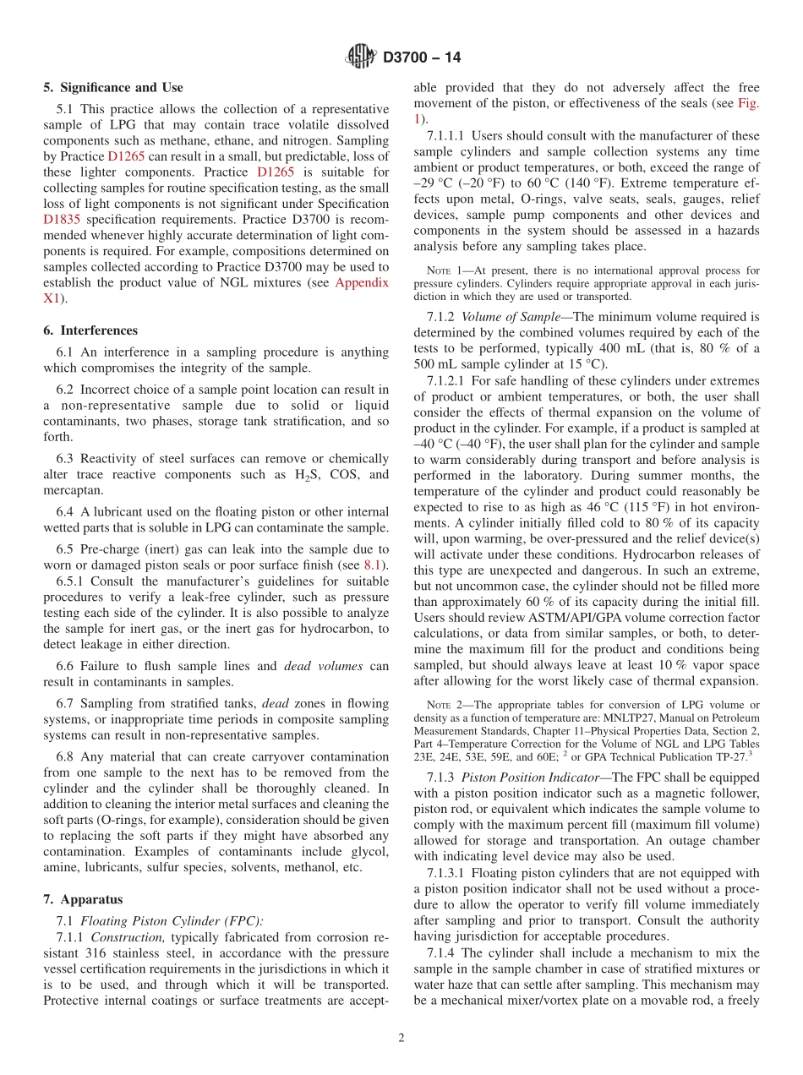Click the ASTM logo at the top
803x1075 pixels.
(x=361, y=57)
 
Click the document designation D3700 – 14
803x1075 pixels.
(x=422, y=58)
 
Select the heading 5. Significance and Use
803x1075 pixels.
(x=113, y=87)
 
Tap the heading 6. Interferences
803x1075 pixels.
(x=90, y=330)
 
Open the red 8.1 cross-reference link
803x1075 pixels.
(x=372, y=564)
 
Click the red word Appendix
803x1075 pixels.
(x=363, y=282)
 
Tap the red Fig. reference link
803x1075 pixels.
(x=748, y=103)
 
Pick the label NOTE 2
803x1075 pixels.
(x=444, y=705)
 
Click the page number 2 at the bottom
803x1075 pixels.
(x=401, y=1039)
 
